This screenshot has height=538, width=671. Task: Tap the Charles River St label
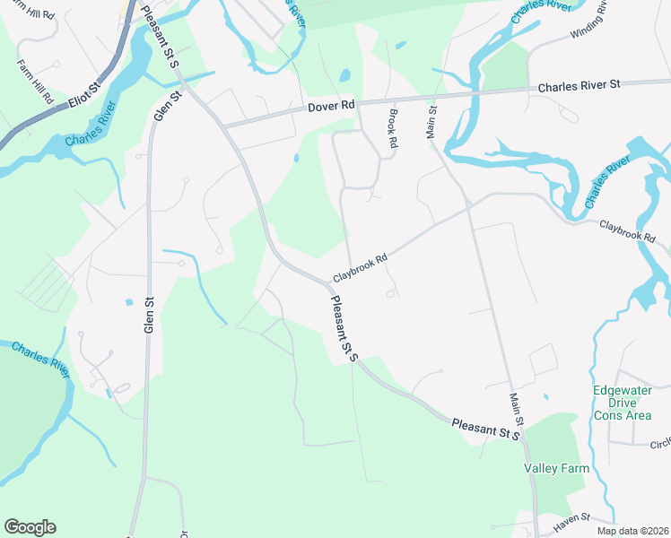point(579,86)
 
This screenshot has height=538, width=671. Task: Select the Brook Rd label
point(392,129)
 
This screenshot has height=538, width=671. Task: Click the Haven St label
point(572,518)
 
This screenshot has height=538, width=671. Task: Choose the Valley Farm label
point(553,468)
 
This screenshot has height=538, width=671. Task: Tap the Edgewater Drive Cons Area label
point(623,403)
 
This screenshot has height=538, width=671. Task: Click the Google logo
point(30,527)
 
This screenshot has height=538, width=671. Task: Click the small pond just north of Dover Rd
point(345,75)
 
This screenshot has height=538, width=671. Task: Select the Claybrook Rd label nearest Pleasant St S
point(360,266)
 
